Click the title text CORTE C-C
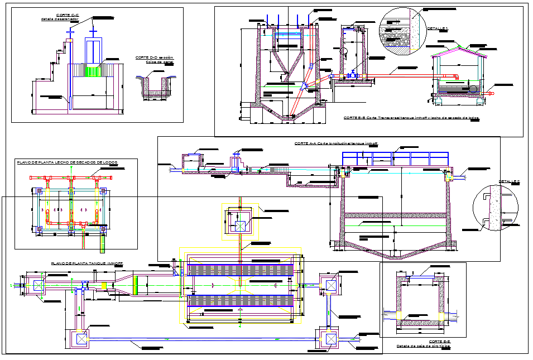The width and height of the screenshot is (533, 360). (x=68, y=15)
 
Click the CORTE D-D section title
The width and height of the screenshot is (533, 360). (x=155, y=57)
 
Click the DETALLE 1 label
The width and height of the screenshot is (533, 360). (x=438, y=28)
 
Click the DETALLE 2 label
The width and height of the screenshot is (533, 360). (x=508, y=181)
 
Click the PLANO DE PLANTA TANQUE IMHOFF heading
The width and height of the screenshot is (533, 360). (x=87, y=263)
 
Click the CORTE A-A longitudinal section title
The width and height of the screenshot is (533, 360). (x=335, y=143)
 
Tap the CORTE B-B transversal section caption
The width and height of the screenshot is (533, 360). (x=411, y=118)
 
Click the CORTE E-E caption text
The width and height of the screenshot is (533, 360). (x=439, y=341)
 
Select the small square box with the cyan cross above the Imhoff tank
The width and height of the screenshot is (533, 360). (x=240, y=226)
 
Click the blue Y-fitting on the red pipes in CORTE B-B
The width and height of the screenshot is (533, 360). (x=304, y=87)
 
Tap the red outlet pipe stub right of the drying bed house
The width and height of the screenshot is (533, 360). (x=492, y=94)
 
